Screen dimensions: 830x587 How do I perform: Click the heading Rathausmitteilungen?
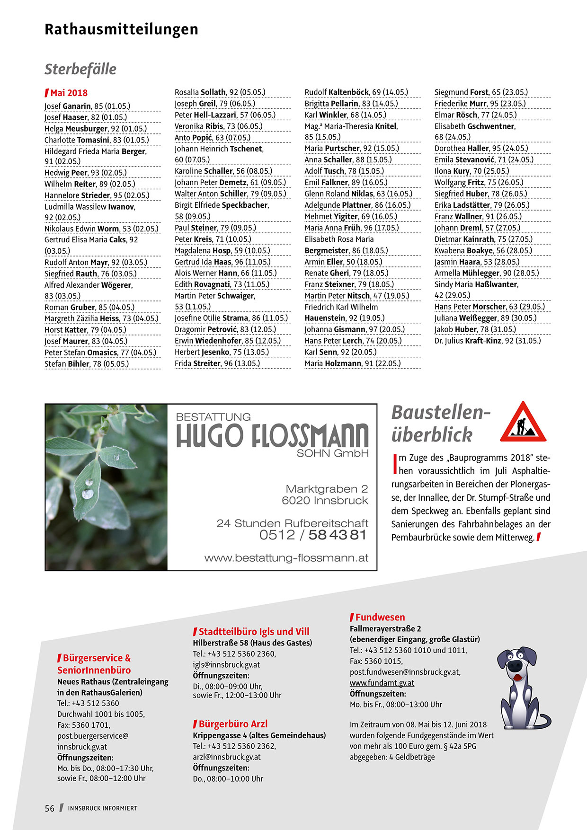pos(121,29)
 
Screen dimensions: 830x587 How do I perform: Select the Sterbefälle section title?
pos(80,69)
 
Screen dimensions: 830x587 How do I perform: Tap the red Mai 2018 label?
pos(69,93)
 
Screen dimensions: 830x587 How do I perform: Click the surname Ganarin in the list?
pos(77,106)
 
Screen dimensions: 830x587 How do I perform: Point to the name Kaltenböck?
pos(348,92)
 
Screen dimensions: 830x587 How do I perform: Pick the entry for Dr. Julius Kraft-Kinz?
pos(487,341)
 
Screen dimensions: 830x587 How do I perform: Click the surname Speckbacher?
pos(245,205)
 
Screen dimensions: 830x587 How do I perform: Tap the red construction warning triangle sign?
pos(523,423)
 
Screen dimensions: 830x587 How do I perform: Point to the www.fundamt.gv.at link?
pos(382,683)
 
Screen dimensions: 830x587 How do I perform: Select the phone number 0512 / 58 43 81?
pos(312,535)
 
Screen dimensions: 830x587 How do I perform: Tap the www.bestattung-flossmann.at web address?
pos(286,558)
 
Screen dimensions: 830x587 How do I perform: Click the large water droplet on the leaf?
pos(88,493)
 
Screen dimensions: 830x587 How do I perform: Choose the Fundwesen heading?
pos(380,617)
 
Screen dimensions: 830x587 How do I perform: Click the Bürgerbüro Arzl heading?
pos(233,724)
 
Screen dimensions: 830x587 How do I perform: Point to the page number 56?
pos(50,808)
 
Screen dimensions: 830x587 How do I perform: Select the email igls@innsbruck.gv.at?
pos(226,664)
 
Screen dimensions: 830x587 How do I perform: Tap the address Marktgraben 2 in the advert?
pos(326,489)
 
